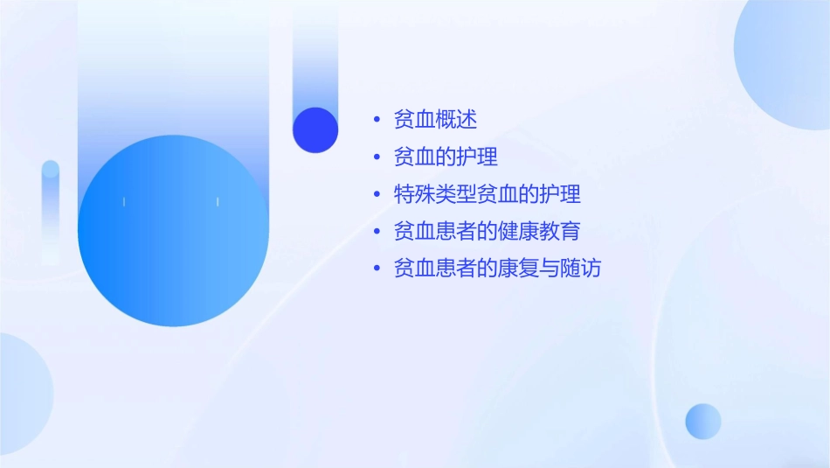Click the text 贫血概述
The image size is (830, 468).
point(435,120)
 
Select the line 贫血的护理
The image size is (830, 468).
point(446,157)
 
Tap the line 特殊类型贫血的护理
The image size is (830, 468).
point(487,194)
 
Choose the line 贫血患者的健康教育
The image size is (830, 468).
point(487,232)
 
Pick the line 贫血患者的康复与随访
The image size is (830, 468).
point(497,269)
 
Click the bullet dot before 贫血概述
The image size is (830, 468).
point(377,120)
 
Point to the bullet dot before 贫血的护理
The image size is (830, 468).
point(377,157)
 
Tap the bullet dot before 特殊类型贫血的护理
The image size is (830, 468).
point(377,194)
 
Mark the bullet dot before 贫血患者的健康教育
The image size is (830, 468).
point(377,232)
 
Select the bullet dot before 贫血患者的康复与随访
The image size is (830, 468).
point(377,269)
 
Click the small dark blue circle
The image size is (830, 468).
point(315,129)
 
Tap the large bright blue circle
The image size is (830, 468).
point(173,231)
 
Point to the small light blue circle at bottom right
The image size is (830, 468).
point(703,421)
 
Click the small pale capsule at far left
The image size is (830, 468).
point(51,210)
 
